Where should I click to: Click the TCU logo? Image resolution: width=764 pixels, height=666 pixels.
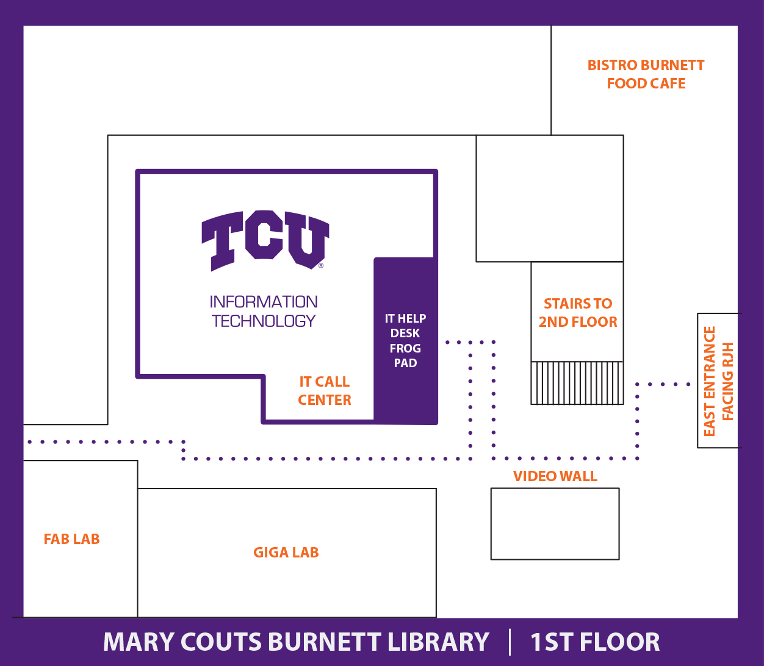point(265,240)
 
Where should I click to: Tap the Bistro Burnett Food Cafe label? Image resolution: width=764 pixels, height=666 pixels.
point(646,74)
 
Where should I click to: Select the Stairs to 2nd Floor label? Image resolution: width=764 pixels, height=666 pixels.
point(577,312)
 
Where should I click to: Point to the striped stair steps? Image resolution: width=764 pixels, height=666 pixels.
point(577,383)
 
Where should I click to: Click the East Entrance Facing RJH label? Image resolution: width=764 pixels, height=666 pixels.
point(718,381)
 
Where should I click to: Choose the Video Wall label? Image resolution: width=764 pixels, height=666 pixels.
point(555,476)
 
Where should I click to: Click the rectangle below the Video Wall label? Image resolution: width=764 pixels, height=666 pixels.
point(555,523)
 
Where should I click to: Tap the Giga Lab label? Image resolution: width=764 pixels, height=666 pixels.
point(286,553)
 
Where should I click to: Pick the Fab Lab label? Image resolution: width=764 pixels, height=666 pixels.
point(71,539)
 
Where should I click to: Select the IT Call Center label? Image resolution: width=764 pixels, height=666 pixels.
point(325,391)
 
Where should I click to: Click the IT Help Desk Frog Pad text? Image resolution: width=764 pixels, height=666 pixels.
point(405,340)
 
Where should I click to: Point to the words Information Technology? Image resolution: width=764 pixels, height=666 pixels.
point(264,311)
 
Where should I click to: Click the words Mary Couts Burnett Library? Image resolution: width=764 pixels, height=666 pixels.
point(296,642)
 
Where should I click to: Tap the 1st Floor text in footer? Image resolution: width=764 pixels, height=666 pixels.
point(594,642)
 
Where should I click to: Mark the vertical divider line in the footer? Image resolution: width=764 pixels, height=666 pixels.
point(510,642)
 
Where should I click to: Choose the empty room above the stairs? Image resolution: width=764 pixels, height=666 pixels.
point(549,198)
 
